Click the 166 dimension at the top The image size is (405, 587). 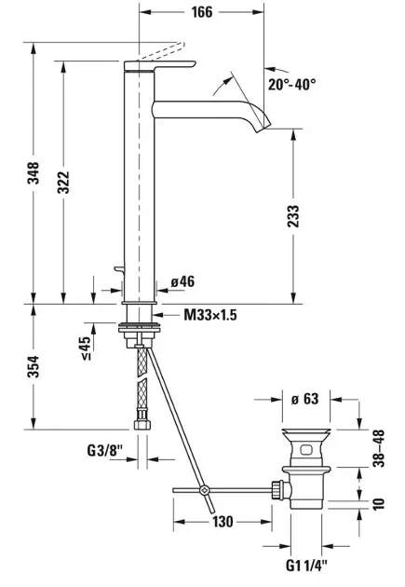tap(202, 12)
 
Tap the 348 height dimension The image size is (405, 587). tap(34, 172)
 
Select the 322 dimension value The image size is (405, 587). tap(63, 182)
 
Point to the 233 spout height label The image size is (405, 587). tap(293, 216)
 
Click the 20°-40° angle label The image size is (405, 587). tap(291, 84)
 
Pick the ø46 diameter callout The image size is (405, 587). tap(182, 281)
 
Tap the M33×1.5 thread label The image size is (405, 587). tap(210, 315)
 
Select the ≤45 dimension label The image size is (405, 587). tap(86, 348)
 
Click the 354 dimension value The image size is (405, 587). tap(34, 366)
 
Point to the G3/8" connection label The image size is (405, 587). tap(104, 450)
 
